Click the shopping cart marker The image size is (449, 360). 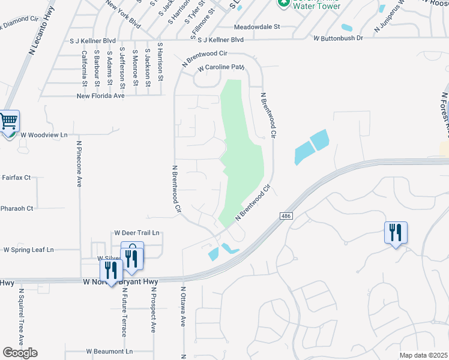click(x=8, y=122)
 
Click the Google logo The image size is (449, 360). click(x=20, y=353)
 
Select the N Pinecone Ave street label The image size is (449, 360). click(x=79, y=164)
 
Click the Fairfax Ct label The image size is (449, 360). click(x=16, y=178)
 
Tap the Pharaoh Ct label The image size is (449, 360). click(x=17, y=208)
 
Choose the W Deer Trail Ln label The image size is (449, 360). click(x=137, y=233)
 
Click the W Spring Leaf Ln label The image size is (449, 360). click(x=29, y=250)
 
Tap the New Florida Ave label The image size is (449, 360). click(x=100, y=95)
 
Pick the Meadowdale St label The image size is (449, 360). click(x=257, y=27)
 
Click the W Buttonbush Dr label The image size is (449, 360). click(x=339, y=38)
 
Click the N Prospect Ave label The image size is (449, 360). click(x=153, y=310)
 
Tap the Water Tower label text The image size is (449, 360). click(x=317, y=7)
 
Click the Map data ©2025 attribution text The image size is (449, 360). click(x=423, y=355)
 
